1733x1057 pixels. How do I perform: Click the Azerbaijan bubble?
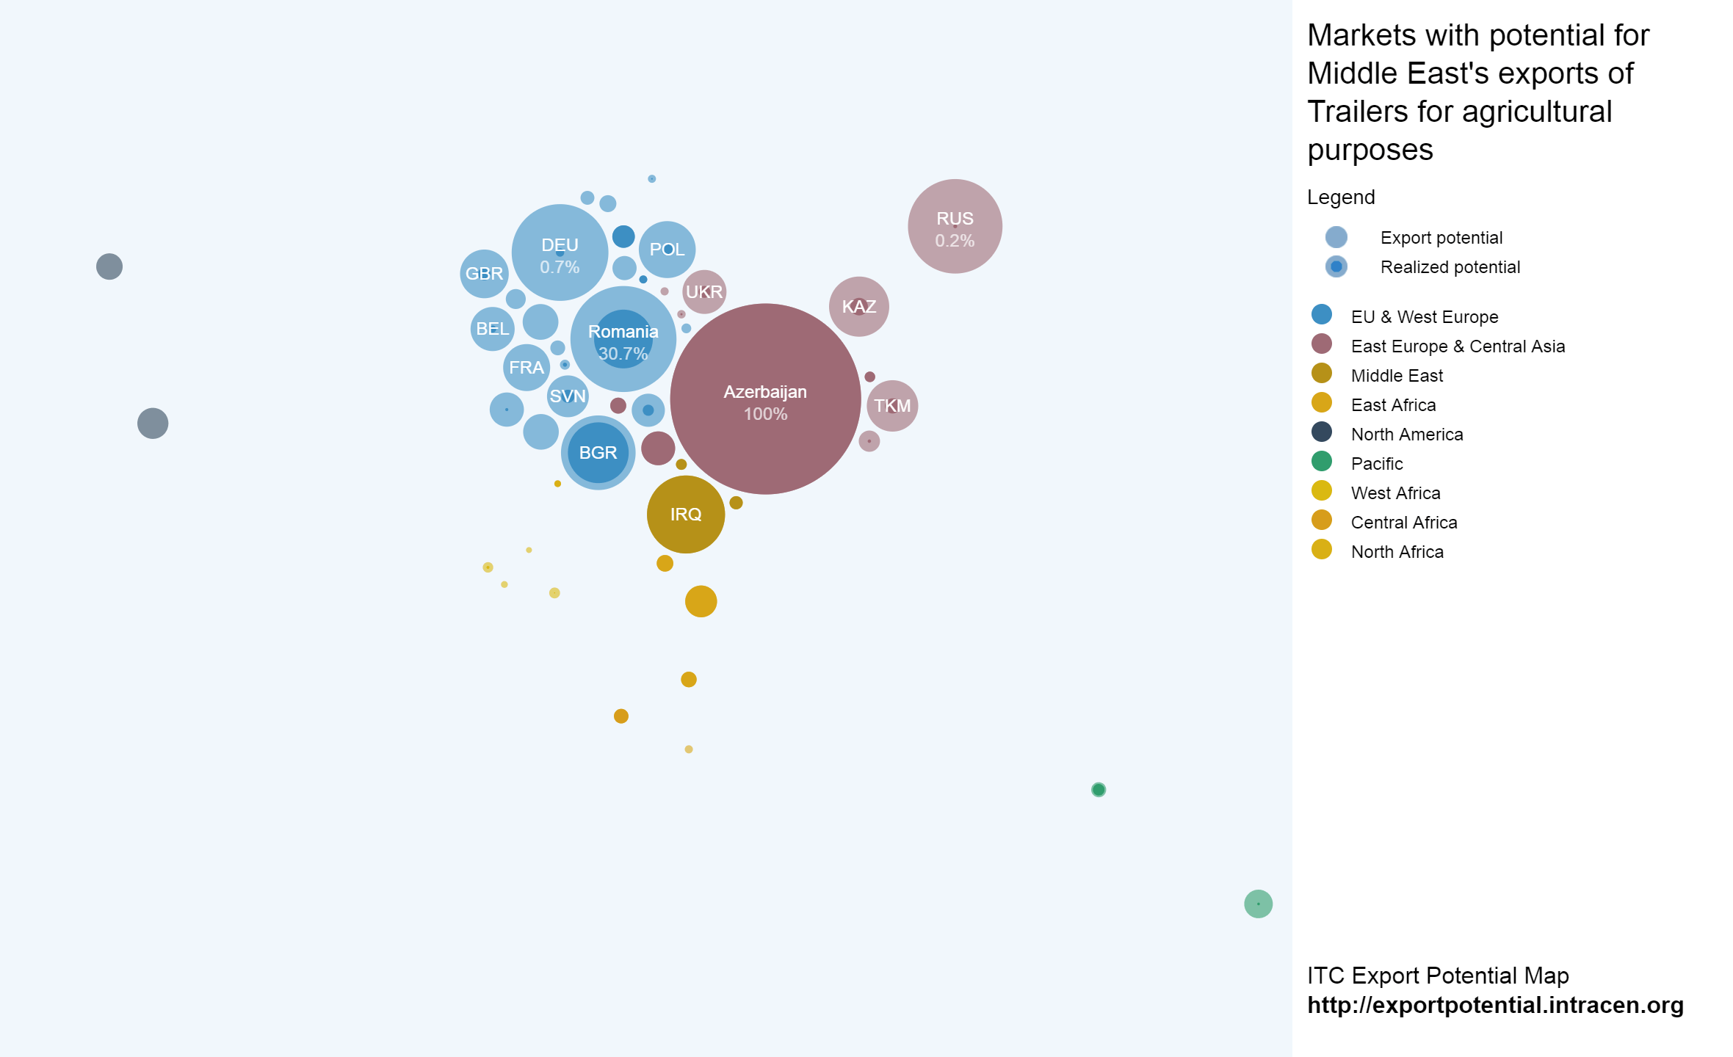click(765, 399)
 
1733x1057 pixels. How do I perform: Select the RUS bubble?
click(955, 226)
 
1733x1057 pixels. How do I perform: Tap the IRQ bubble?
click(685, 515)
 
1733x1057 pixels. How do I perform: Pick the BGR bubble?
click(598, 453)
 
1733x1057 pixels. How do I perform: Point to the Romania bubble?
click(623, 339)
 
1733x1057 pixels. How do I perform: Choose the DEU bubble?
click(560, 253)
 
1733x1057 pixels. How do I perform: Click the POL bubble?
click(667, 250)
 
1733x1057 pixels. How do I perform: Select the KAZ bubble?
click(858, 307)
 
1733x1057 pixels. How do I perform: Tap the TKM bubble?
click(892, 406)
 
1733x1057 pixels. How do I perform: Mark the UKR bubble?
click(703, 292)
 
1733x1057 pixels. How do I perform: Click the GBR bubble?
click(484, 274)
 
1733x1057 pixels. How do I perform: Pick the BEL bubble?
click(492, 329)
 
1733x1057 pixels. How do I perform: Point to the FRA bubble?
click(526, 368)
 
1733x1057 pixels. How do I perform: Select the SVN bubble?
click(568, 396)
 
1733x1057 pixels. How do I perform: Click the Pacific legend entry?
click(1376, 464)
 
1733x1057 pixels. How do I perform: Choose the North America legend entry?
click(1406, 435)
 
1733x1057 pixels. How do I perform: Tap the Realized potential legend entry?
click(1450, 267)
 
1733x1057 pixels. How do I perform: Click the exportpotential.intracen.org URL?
click(1495, 1005)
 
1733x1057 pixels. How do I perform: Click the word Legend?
click(1341, 197)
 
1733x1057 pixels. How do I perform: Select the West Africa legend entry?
click(1395, 493)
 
